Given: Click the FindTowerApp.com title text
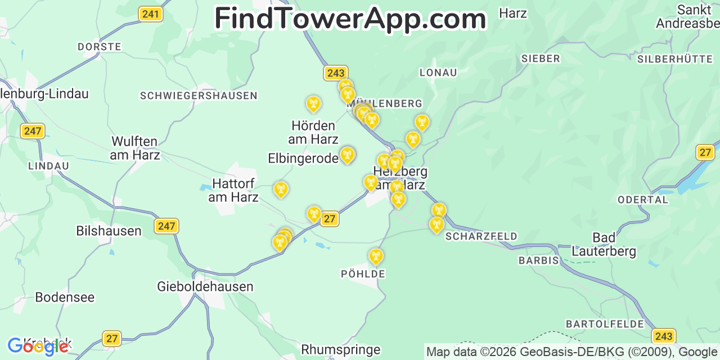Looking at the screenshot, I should click(350, 19).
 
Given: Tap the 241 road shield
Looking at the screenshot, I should click(150, 14).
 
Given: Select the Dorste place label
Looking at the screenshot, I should click(100, 47).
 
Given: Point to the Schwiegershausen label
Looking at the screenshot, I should click(199, 96).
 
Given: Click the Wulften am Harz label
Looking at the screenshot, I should click(135, 148).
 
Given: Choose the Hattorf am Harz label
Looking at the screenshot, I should click(233, 190).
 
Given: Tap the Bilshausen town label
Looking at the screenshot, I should click(109, 231).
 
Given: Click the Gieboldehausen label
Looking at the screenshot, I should click(205, 286).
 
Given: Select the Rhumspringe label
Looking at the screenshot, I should click(341, 349).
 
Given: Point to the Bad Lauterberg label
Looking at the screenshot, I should click(604, 245).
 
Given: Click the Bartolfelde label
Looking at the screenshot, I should click(605, 324).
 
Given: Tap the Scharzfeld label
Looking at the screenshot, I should click(481, 236).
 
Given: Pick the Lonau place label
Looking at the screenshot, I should click(438, 73).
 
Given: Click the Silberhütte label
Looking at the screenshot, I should click(675, 58).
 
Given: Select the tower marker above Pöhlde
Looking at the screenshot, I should click(376, 256).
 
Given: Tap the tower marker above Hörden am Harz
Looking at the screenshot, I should click(313, 103).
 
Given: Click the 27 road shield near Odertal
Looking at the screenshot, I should click(705, 152).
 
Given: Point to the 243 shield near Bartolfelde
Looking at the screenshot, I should click(664, 336).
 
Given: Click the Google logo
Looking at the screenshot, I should click(38, 346).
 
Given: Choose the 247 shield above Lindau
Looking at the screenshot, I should click(33, 131).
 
